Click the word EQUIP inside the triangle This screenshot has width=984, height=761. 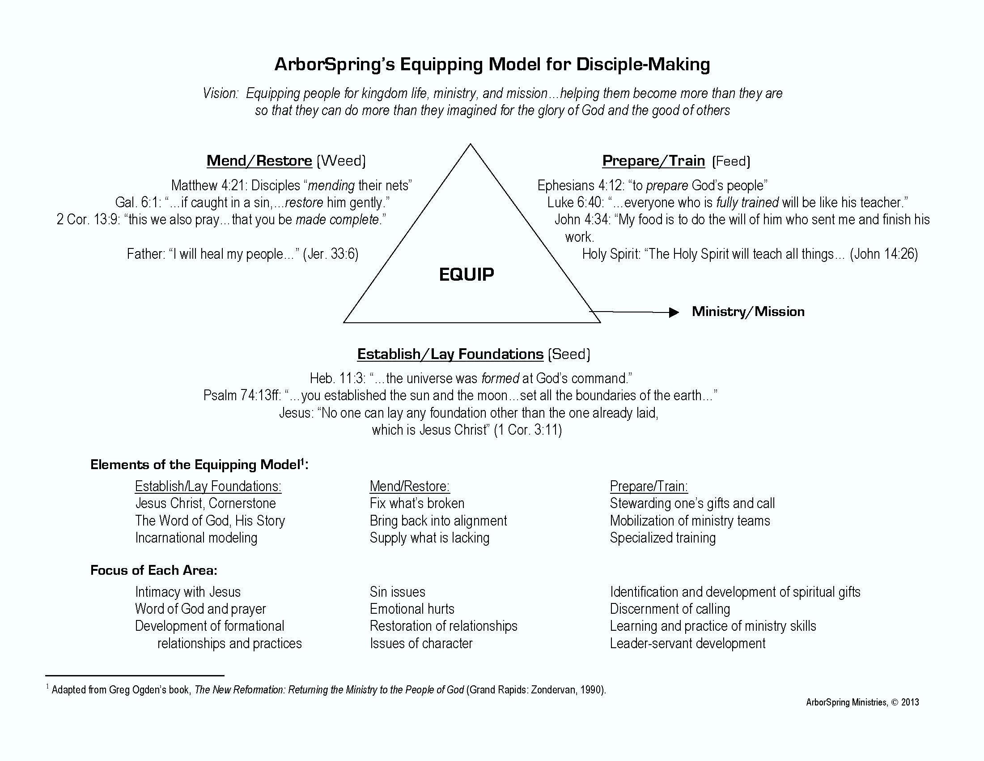pos(467,274)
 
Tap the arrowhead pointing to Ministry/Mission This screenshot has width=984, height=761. pos(674,312)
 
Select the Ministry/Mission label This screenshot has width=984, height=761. pos(748,312)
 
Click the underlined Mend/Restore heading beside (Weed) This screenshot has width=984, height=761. pos(259,161)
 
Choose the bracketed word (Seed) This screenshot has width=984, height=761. pos(568,354)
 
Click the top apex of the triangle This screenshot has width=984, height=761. pos(471,145)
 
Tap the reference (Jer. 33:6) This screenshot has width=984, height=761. pos(331,254)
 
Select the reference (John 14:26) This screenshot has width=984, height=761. pos(883,254)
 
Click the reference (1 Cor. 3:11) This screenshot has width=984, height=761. pos(528,430)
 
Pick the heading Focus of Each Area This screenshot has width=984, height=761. pos(153,570)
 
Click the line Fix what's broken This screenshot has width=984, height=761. pos(417,503)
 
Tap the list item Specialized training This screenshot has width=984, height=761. pos(662,538)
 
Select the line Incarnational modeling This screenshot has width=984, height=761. pos(196,538)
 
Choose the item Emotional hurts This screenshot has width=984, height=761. pos(412,609)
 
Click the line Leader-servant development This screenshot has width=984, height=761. pos(687,643)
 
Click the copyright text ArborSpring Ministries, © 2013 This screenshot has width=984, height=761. pos(862,702)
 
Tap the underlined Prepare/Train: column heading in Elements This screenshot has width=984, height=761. pos(649,486)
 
